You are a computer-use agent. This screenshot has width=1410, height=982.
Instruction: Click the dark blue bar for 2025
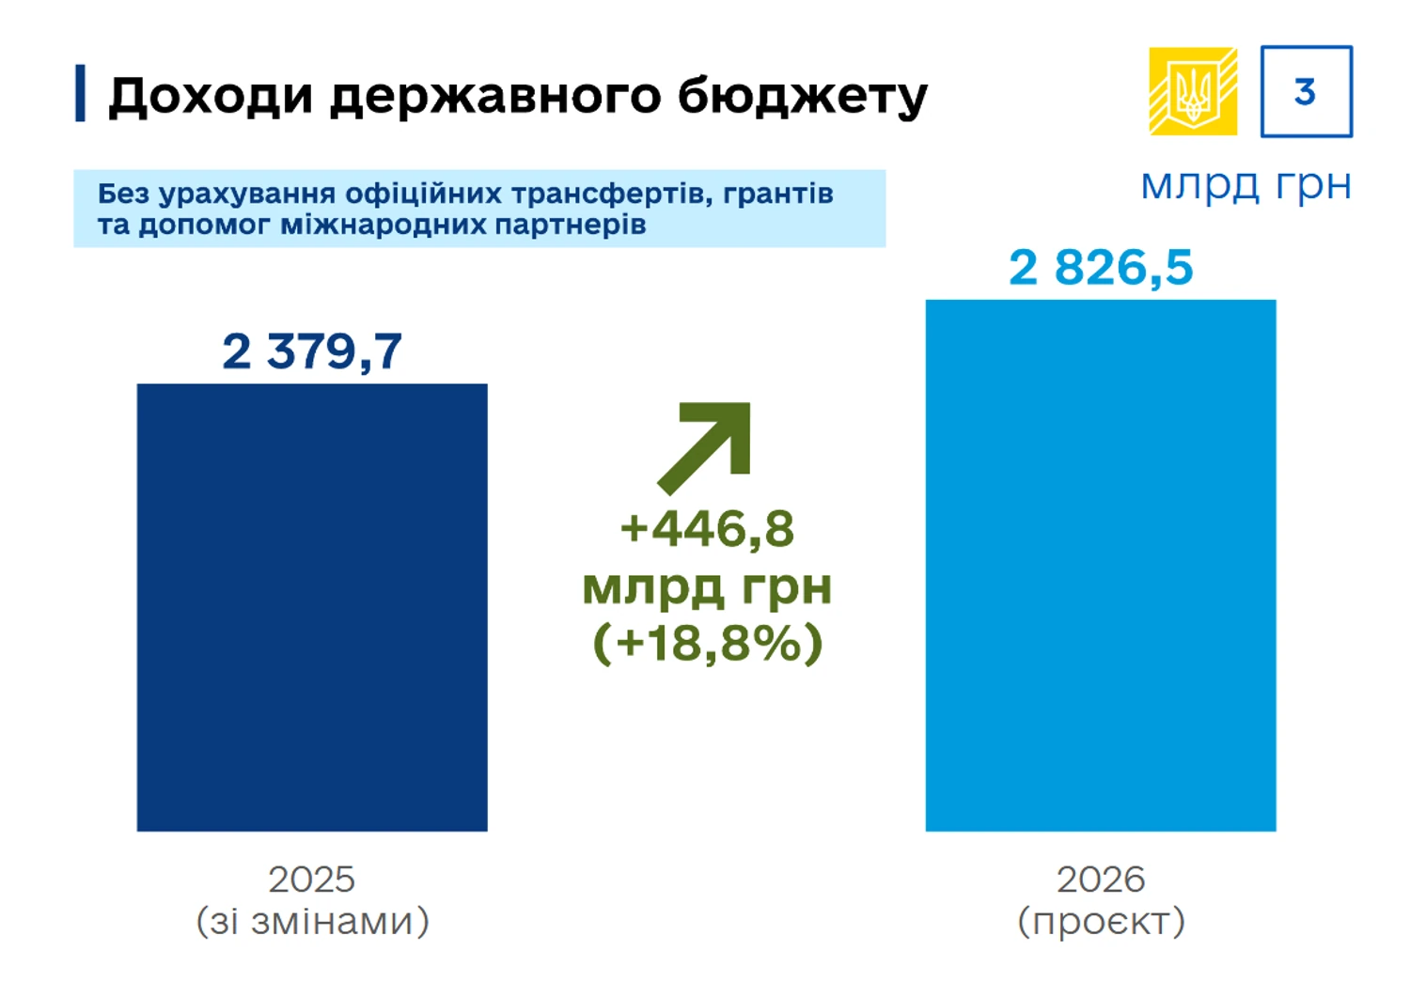click(312, 607)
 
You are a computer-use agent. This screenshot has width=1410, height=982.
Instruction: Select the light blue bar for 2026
click(1101, 565)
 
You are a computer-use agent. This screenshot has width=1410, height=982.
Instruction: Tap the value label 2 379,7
click(312, 351)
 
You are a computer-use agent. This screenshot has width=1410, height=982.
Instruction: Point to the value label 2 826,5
click(1101, 268)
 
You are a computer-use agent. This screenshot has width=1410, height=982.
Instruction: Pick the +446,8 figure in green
click(707, 528)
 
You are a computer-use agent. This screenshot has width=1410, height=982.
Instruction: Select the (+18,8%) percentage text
click(708, 644)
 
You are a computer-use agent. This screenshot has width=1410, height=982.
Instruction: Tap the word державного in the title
click(494, 96)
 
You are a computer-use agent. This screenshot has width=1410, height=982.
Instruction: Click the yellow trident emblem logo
click(1193, 91)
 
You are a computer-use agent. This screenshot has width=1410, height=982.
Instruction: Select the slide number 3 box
click(1306, 91)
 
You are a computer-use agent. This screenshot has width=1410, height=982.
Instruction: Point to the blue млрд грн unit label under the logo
click(1245, 185)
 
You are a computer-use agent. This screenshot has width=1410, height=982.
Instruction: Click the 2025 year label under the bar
click(312, 880)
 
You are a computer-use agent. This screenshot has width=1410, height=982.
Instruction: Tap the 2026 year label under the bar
click(1101, 880)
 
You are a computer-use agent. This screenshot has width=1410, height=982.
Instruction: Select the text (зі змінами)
click(312, 921)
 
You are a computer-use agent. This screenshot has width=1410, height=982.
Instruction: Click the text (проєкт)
click(1101, 921)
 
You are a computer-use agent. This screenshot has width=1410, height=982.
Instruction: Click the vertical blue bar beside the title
click(80, 93)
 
